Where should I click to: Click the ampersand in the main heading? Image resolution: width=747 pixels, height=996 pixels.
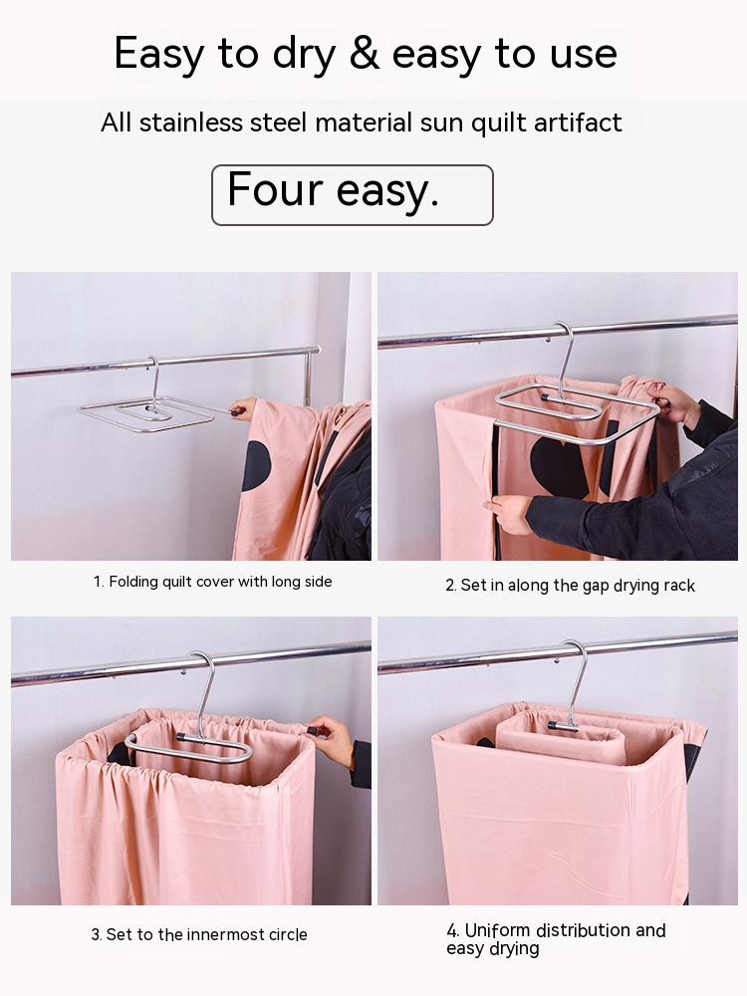point(364,53)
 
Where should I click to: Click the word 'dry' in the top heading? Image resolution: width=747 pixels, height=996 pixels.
point(304,56)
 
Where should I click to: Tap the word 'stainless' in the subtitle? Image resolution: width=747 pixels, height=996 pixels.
point(190,122)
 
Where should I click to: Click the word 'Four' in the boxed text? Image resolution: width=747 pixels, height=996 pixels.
point(275,189)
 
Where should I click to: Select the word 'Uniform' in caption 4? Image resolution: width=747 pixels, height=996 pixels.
point(497,930)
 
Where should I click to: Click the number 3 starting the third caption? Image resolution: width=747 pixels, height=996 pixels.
point(96,935)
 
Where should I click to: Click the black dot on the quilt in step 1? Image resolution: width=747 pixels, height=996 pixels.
point(255,465)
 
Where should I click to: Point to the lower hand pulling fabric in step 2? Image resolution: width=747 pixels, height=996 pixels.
point(510,514)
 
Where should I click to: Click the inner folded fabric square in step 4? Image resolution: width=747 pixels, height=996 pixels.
point(561,737)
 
